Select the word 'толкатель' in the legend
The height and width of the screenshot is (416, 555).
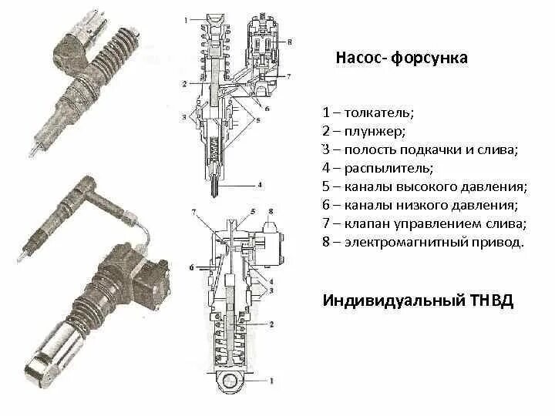378,112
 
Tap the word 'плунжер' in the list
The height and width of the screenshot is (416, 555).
374,131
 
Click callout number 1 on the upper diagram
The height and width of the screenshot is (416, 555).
185,22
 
